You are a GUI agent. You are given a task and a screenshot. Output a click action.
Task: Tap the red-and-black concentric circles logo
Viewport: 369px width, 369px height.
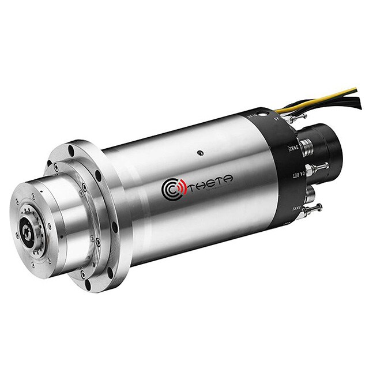pyautogui.click(x=171, y=190)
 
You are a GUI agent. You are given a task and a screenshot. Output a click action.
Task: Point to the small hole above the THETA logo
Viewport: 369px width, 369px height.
pyautogui.click(x=199, y=153)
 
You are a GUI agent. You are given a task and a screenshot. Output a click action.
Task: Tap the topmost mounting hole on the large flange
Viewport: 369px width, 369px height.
pyautogui.click(x=71, y=150)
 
